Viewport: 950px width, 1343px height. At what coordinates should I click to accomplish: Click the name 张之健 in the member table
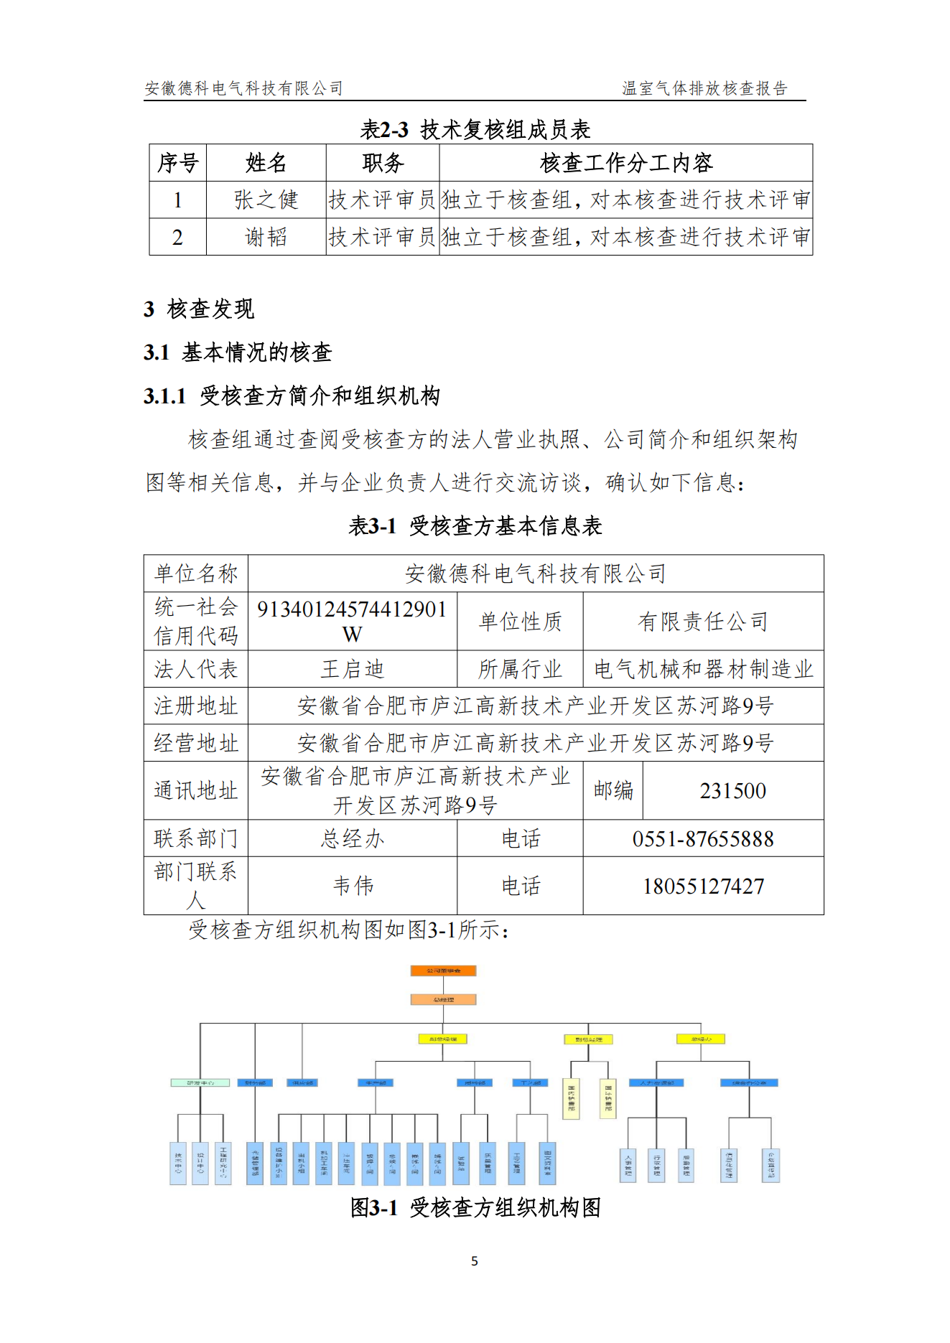(266, 200)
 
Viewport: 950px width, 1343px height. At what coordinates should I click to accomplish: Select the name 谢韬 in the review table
(266, 237)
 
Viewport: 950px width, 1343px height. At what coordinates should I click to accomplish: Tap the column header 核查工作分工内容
(625, 163)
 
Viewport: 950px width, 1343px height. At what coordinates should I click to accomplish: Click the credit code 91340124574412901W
(352, 622)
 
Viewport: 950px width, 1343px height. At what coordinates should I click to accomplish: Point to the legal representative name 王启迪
(352, 669)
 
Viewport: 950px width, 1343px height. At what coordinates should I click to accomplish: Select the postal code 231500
(732, 791)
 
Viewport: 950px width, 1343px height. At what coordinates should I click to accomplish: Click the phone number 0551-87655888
(703, 838)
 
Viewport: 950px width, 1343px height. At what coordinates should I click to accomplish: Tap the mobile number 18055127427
(703, 886)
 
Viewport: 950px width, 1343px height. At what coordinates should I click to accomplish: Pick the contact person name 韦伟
(353, 886)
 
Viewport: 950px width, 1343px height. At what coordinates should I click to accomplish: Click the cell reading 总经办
(352, 838)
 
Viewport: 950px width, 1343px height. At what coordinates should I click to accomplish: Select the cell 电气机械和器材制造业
(703, 669)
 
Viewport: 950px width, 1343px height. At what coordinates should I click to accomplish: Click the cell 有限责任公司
(703, 622)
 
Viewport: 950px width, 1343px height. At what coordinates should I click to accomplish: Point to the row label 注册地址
(195, 706)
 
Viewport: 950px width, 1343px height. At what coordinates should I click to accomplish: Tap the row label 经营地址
(195, 743)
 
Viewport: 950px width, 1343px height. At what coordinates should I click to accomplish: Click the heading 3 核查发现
(199, 309)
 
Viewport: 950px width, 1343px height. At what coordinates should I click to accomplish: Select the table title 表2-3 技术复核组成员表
(475, 130)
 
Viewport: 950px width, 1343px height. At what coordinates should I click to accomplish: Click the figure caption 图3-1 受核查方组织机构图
(475, 1208)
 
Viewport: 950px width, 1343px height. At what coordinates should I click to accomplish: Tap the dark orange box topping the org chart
(443, 970)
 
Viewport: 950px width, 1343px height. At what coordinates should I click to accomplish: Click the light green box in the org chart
(200, 1082)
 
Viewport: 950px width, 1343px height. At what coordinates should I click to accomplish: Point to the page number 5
(475, 1261)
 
